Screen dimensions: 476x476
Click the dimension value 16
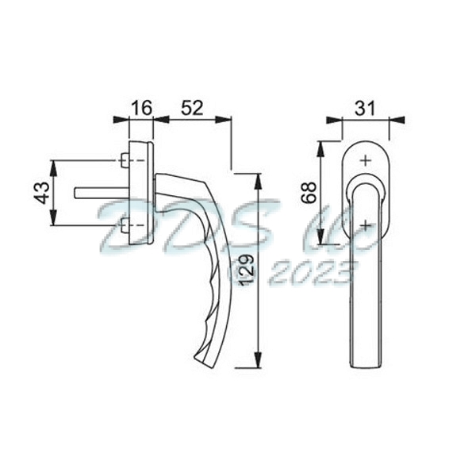coord(140,107)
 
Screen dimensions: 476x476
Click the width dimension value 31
coord(364,106)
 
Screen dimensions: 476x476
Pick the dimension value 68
coord(309,192)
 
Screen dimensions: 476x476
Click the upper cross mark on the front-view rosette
coord(364,160)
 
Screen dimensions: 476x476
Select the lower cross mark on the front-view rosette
coord(364,225)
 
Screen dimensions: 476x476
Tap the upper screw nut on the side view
coord(125,161)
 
